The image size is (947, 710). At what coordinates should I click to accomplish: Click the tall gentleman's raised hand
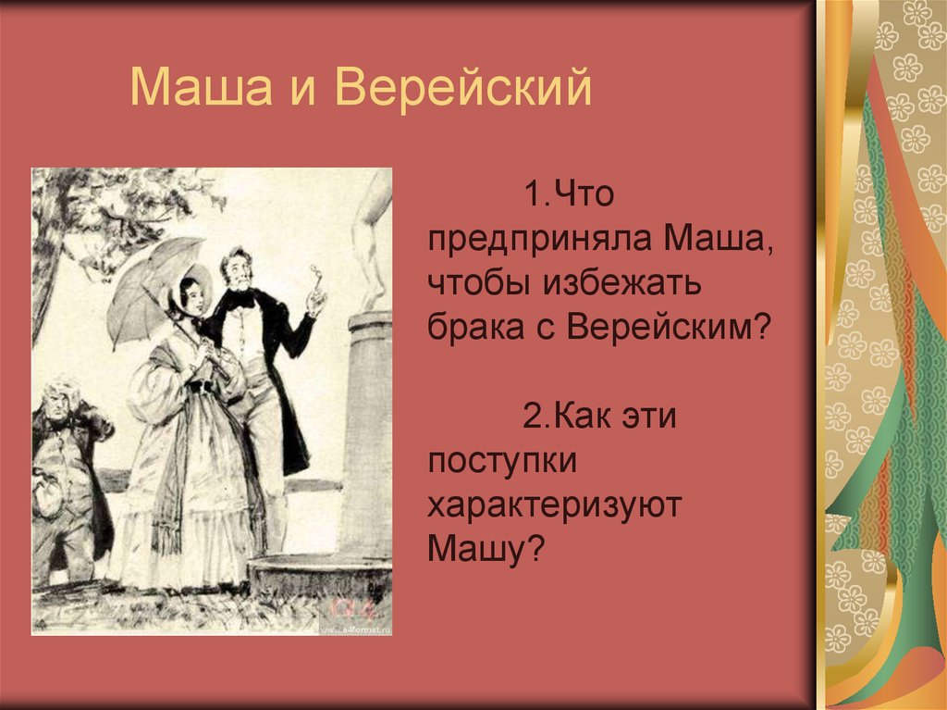(317, 298)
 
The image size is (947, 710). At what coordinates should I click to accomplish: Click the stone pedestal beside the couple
(366, 435)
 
